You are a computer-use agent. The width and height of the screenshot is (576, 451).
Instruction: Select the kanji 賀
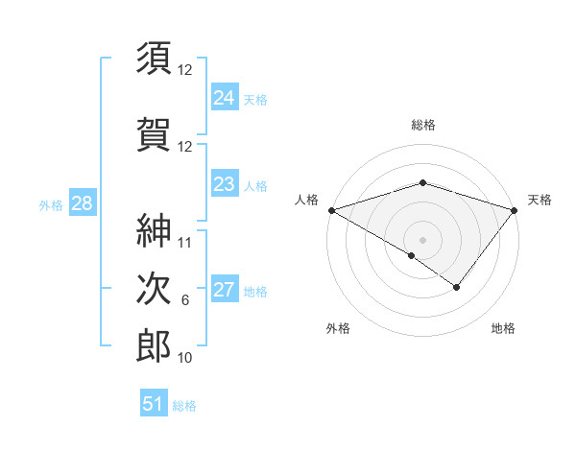(154, 134)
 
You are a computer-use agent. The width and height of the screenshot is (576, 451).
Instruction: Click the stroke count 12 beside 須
(185, 70)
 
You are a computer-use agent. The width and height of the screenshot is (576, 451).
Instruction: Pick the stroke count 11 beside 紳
(185, 242)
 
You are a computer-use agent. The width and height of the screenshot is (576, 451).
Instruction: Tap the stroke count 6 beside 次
(185, 300)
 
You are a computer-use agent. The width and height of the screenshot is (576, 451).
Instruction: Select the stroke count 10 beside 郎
(185, 358)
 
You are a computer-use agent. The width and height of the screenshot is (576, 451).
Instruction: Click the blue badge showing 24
(224, 97)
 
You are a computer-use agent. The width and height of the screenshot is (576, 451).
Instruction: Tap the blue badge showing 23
(224, 184)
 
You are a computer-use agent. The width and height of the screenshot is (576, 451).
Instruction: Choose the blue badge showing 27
(224, 290)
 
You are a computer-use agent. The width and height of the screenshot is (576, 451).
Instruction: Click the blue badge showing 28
(82, 203)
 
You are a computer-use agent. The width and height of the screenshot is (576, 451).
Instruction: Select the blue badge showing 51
(154, 404)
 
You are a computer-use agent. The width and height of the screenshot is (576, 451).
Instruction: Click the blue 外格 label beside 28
(51, 204)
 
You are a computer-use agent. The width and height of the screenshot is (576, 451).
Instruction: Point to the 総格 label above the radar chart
(422, 126)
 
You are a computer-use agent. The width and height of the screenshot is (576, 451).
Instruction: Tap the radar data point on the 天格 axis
(515, 210)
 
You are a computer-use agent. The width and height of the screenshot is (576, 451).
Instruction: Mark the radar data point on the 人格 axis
(331, 210)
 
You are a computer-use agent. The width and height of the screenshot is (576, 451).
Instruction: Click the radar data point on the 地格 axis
(457, 287)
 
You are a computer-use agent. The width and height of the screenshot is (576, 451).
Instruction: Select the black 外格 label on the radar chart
(338, 329)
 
